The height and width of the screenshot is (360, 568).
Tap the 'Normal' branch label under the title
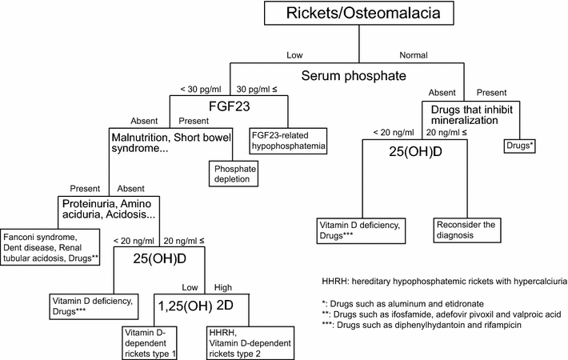pos(414,54)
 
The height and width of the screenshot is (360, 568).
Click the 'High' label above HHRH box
pos(222,286)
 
